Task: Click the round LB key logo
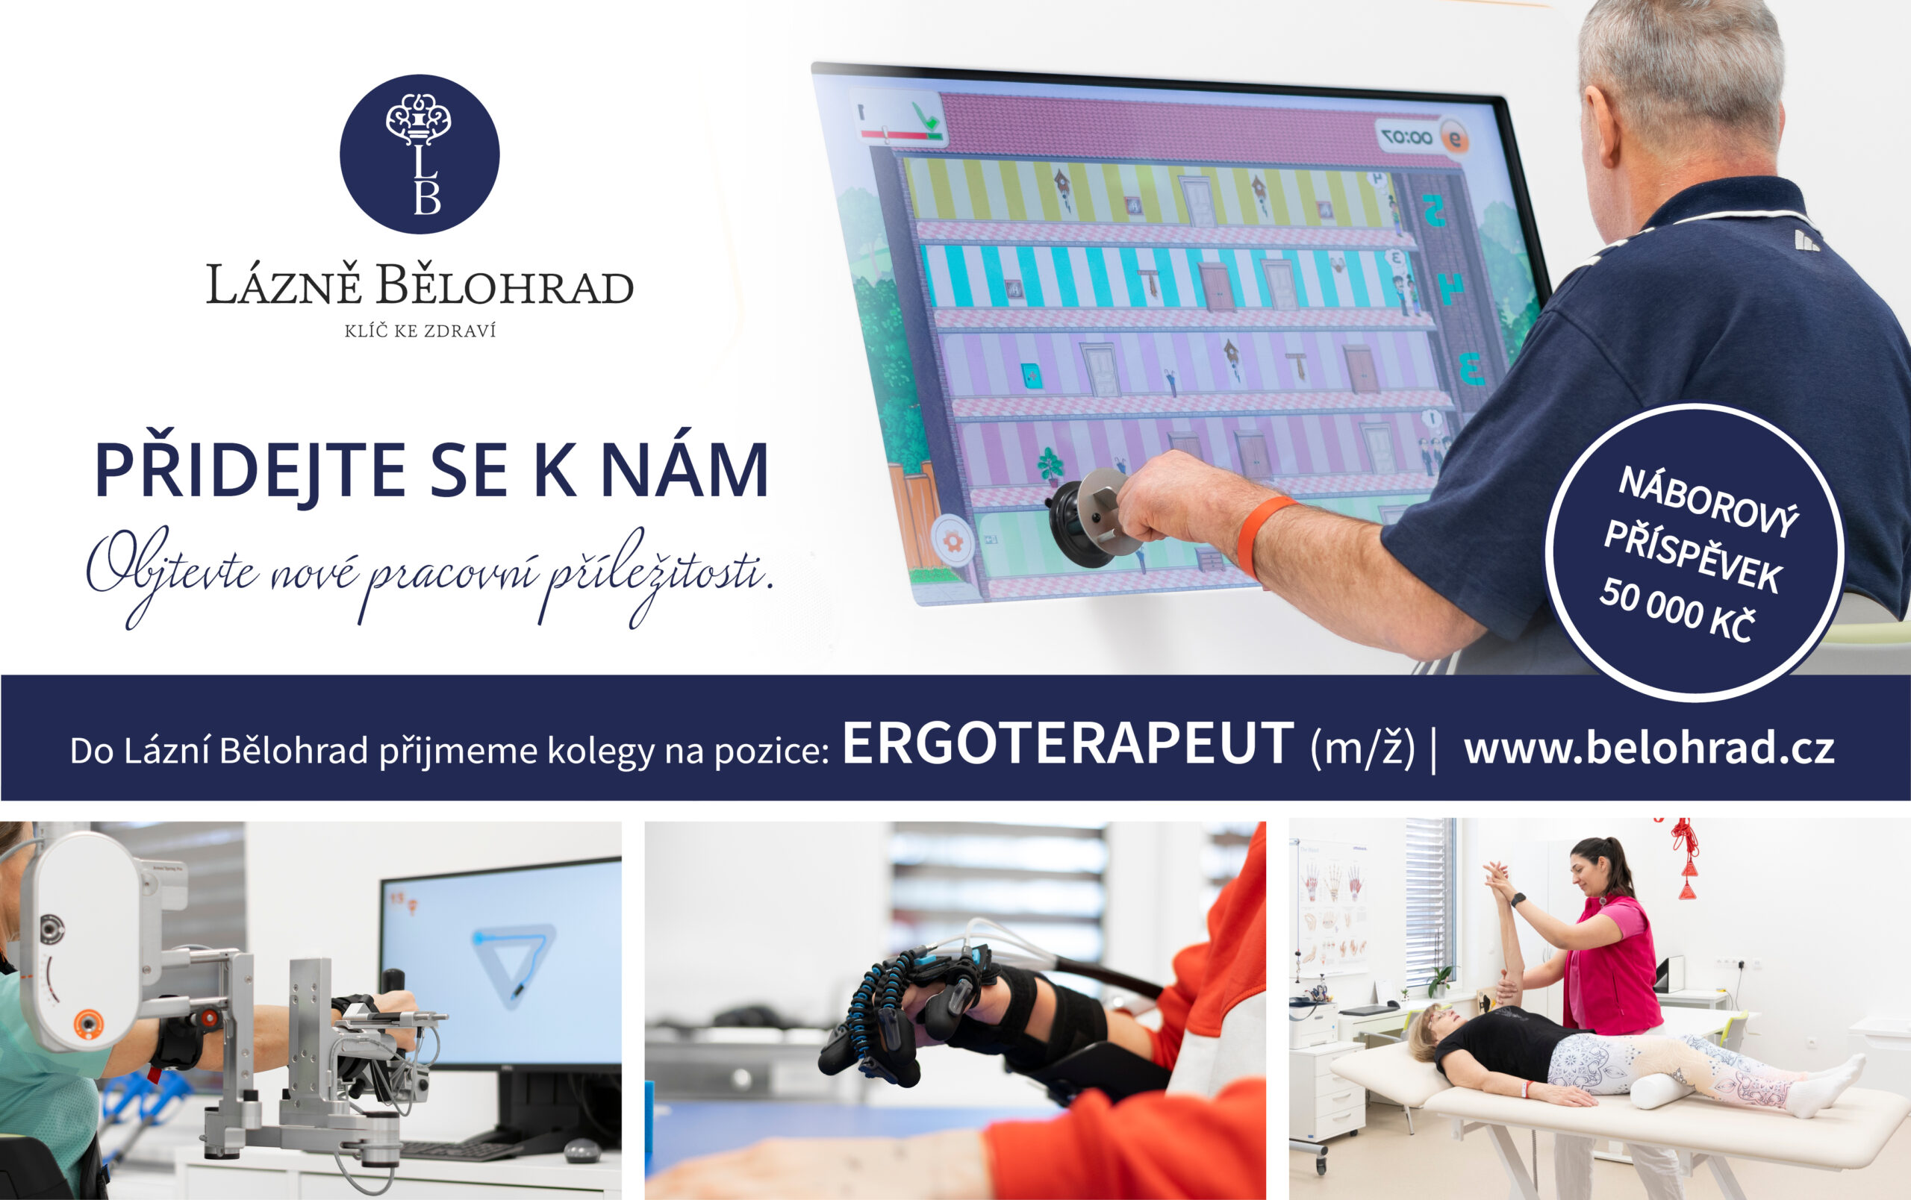(419, 154)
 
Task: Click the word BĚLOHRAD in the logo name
(505, 285)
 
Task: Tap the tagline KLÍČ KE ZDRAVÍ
(420, 331)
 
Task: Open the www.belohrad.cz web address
(1649, 747)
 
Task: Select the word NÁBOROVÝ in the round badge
(1708, 502)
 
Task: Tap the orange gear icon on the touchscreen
(951, 541)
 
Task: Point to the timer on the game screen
(1407, 137)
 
